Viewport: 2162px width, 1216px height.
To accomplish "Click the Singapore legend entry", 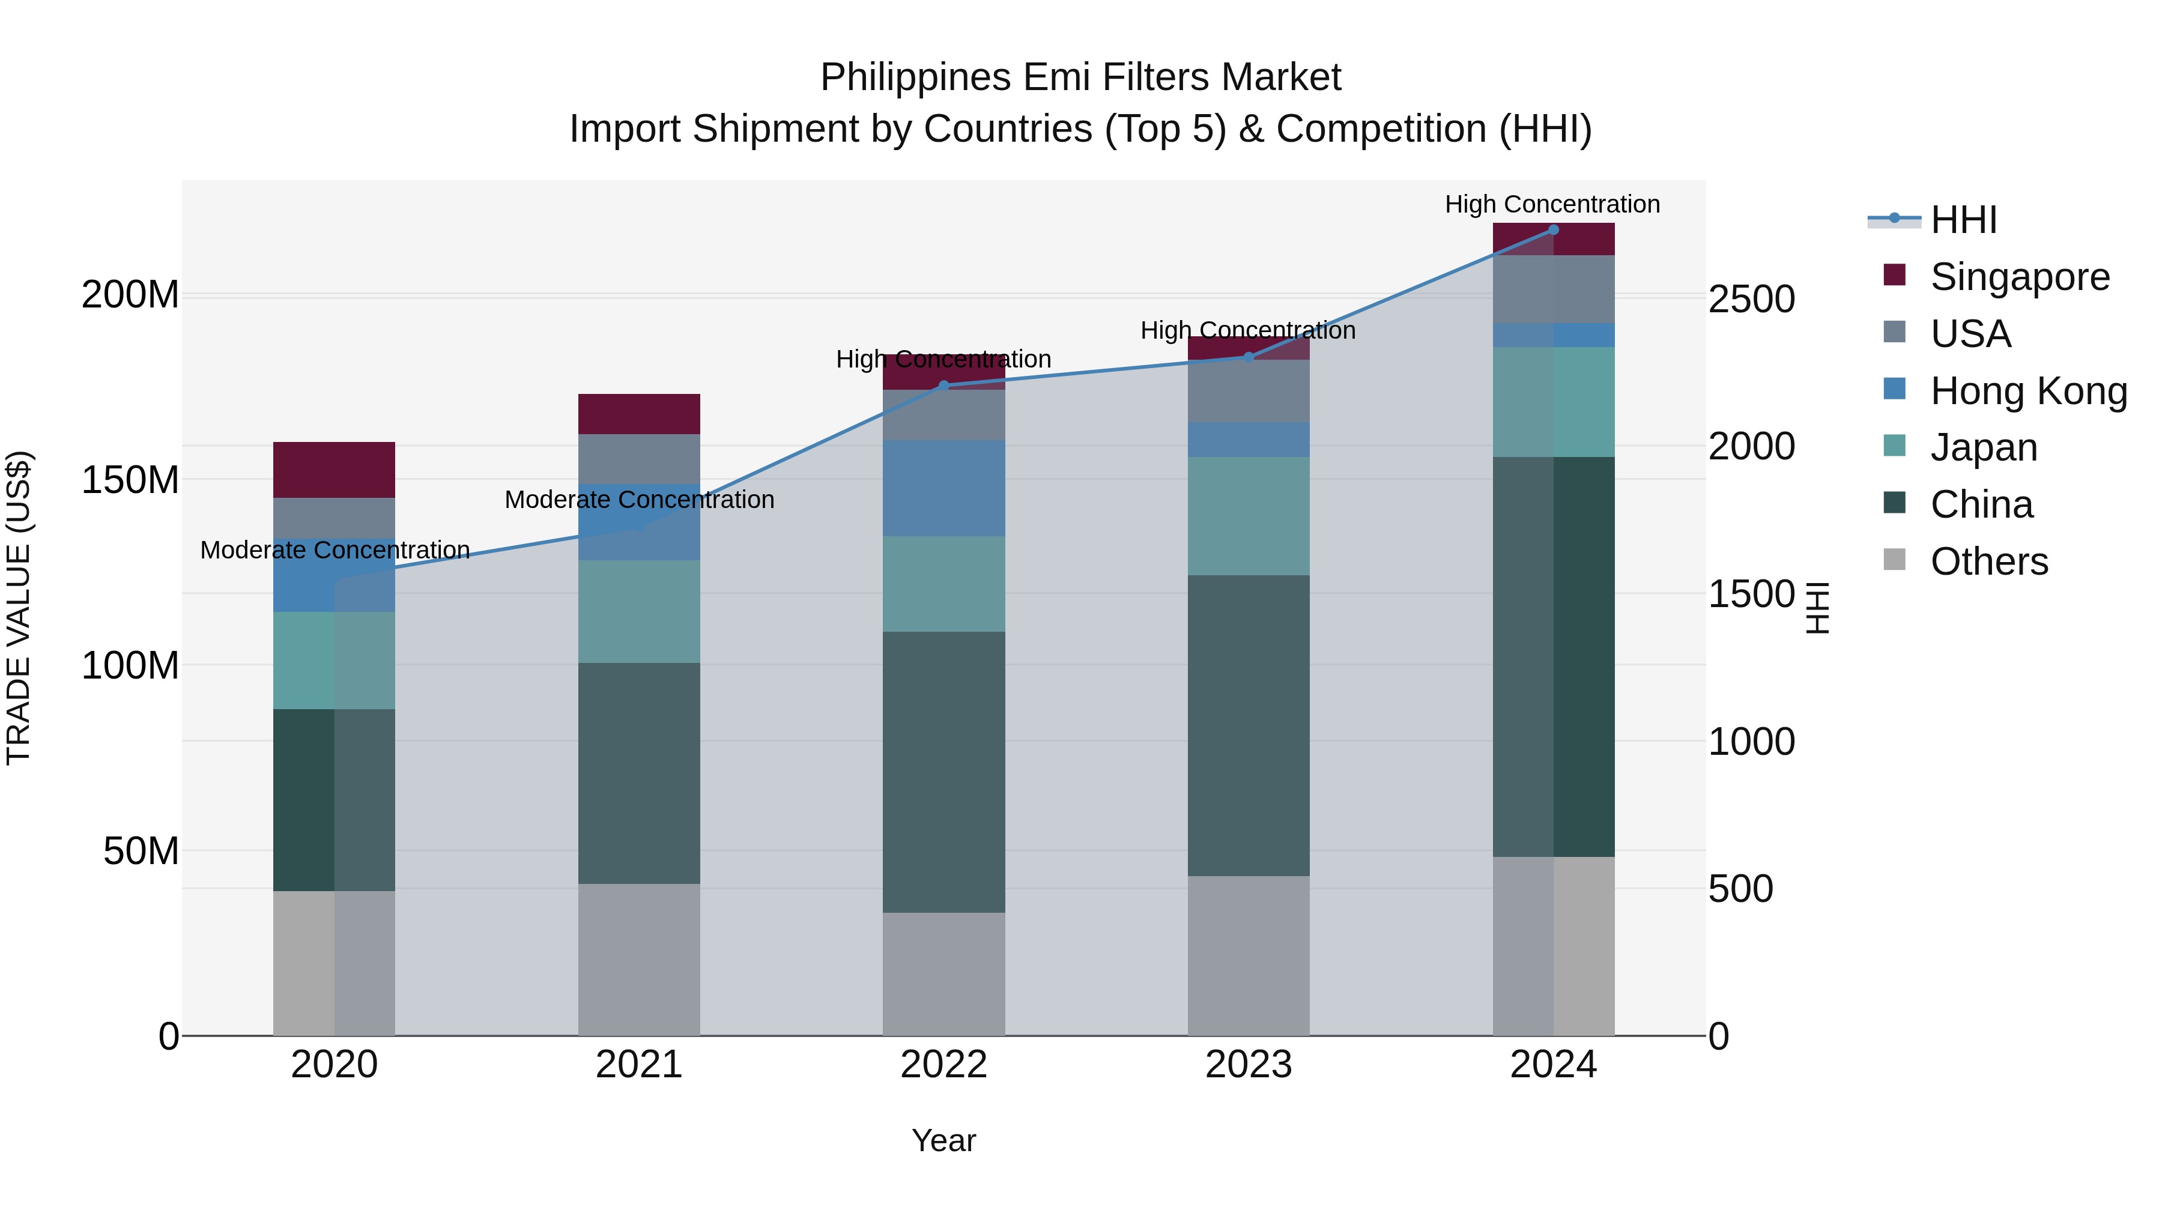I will (2019, 277).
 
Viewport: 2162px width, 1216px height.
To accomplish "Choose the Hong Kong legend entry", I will (2027, 391).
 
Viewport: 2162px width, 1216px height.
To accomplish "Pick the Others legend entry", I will (1988, 561).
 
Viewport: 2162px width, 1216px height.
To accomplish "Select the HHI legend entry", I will (1963, 220).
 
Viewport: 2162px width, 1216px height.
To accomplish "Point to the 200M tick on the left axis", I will (130, 295).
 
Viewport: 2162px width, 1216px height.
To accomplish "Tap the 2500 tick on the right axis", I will (1752, 300).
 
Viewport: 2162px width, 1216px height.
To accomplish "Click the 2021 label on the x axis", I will (639, 1065).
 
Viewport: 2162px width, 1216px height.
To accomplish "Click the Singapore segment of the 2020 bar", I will (334, 470).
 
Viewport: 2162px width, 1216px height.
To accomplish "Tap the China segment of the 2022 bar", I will (943, 772).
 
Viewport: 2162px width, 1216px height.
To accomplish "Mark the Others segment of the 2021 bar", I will (639, 959).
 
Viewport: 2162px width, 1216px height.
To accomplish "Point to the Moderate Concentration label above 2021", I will (639, 500).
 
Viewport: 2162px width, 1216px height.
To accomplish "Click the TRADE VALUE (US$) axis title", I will (19, 608).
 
